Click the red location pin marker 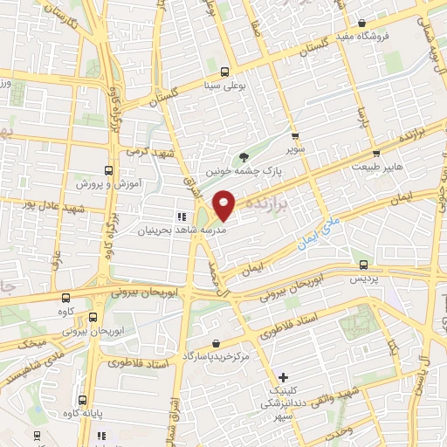[224, 204]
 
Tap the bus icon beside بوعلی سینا [225, 72]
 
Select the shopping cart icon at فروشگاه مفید [360, 25]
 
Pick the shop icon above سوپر [296, 136]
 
